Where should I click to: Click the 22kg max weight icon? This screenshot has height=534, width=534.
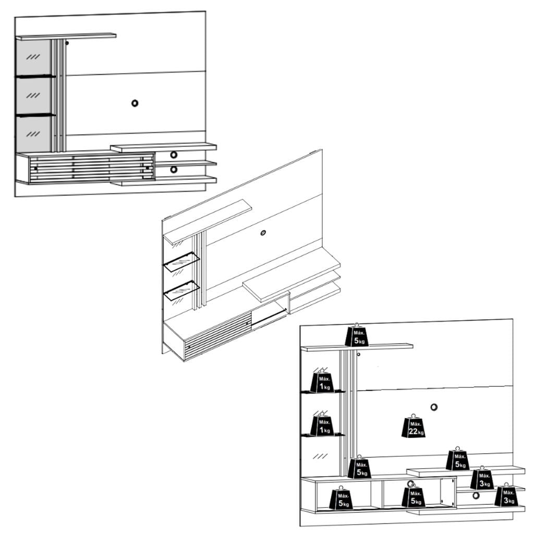[x=414, y=427]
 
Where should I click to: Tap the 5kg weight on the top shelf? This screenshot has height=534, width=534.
[x=357, y=336]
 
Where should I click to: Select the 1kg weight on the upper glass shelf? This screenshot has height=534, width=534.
[x=322, y=383]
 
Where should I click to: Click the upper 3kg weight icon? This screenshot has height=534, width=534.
[x=482, y=479]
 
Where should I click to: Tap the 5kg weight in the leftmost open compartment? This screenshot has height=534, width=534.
[x=341, y=499]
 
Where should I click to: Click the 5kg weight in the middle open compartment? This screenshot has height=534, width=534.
[x=413, y=497]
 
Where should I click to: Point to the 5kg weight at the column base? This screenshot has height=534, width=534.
[x=359, y=467]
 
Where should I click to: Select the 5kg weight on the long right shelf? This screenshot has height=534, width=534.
[x=457, y=460]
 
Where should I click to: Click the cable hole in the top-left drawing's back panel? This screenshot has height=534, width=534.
[x=135, y=103]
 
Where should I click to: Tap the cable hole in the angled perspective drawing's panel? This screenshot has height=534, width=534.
[x=263, y=233]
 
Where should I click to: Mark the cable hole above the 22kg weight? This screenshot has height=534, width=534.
[x=434, y=407]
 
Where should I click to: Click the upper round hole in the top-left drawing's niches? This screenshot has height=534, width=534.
[x=174, y=154]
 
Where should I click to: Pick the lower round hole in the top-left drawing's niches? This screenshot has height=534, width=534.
[x=174, y=169]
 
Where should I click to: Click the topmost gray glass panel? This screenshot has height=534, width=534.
[x=34, y=57]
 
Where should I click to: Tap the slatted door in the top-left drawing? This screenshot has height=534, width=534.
[x=91, y=168]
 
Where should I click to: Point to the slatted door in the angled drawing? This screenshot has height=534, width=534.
[x=217, y=337]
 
